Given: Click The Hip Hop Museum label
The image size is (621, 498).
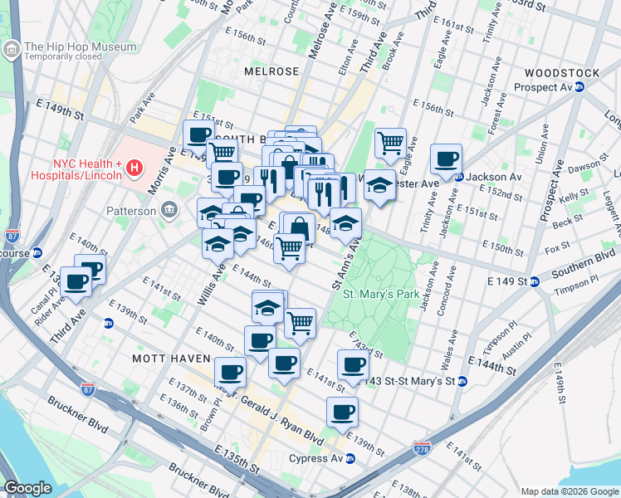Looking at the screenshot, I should tap(80, 46).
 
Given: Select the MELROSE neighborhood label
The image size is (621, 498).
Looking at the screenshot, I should tap(271, 71).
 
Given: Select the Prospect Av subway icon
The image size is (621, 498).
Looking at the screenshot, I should tap(580, 86).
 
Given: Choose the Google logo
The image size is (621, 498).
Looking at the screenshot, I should tap(27, 488).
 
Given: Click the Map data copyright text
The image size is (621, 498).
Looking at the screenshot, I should tap(569, 491).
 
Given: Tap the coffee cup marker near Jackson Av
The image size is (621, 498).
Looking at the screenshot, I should tap(446, 159).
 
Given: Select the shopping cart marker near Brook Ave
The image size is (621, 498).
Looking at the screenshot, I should tap(390, 143).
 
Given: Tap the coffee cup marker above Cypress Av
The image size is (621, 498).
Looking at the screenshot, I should tap(341, 411).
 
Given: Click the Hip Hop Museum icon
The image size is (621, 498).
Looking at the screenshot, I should tap(12, 51).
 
